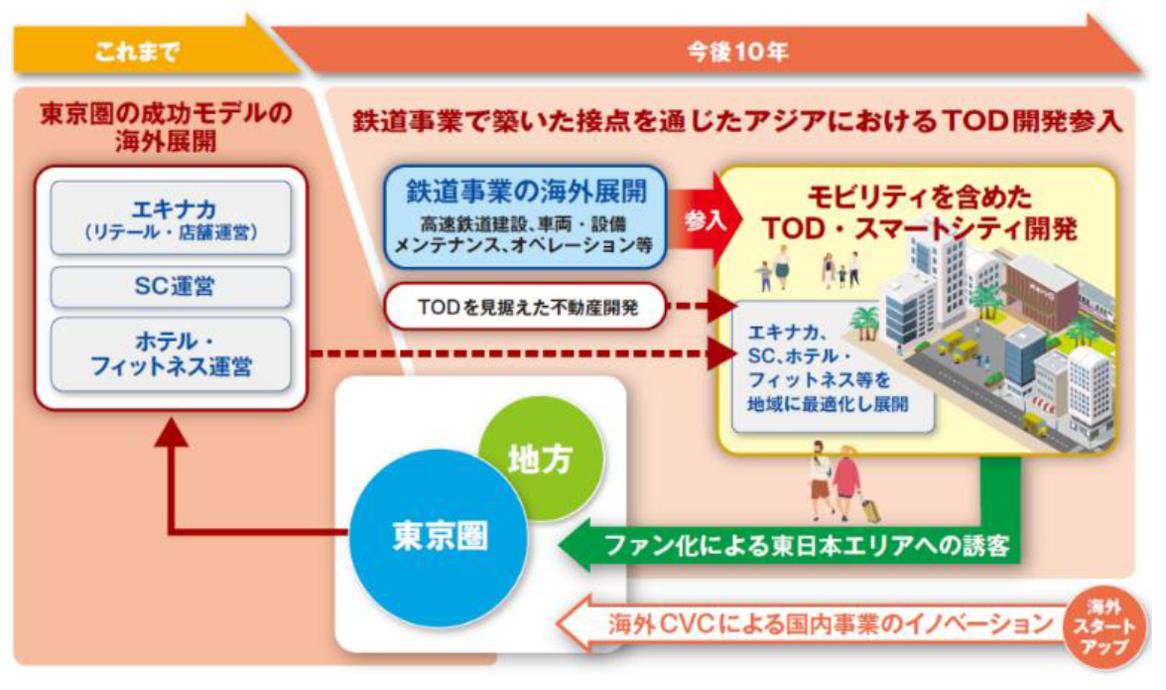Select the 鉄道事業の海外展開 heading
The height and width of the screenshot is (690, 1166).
[x=523, y=190]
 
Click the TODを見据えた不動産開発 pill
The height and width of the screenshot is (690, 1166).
[x=525, y=310]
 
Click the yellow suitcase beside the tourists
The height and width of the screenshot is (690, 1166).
[x=873, y=509]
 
